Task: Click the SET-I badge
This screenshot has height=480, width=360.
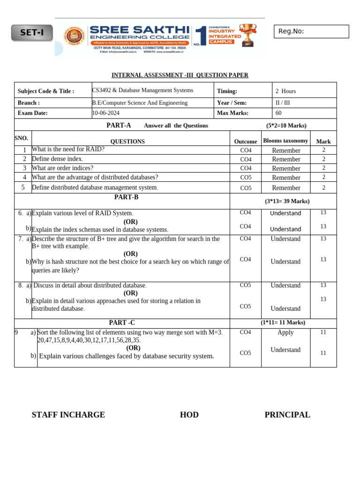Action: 31,33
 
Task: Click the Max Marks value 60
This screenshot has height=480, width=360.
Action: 278,113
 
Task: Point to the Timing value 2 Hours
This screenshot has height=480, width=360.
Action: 285,91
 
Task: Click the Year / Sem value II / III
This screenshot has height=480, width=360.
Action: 283,103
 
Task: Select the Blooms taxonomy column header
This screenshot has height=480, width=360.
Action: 285,141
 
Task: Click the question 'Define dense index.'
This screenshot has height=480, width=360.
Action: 57,159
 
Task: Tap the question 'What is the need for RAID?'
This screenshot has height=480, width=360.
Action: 68,150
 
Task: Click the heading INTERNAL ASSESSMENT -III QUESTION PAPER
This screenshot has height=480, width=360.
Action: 180,75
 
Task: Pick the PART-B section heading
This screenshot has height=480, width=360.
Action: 122,197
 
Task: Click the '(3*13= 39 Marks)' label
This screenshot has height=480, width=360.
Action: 287,201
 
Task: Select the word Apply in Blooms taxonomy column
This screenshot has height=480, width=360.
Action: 285,332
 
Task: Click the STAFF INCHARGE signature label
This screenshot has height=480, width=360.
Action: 68,415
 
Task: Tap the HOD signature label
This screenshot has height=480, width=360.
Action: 189,415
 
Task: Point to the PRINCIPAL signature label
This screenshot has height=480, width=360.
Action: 287,415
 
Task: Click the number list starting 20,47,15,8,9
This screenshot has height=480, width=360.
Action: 89,340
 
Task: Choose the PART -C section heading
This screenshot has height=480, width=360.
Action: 122,322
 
